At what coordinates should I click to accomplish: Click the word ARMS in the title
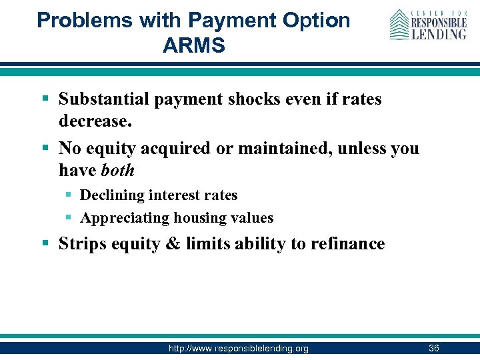[193, 45]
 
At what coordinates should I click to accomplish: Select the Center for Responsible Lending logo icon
[399, 24]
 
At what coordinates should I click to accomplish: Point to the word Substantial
[105, 99]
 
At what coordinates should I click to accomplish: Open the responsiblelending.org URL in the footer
[238, 349]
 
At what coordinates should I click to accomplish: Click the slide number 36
[433, 349]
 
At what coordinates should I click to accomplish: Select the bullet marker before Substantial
[45, 99]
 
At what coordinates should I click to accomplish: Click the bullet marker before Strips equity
[45, 244]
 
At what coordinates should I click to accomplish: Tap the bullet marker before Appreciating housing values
[70, 218]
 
